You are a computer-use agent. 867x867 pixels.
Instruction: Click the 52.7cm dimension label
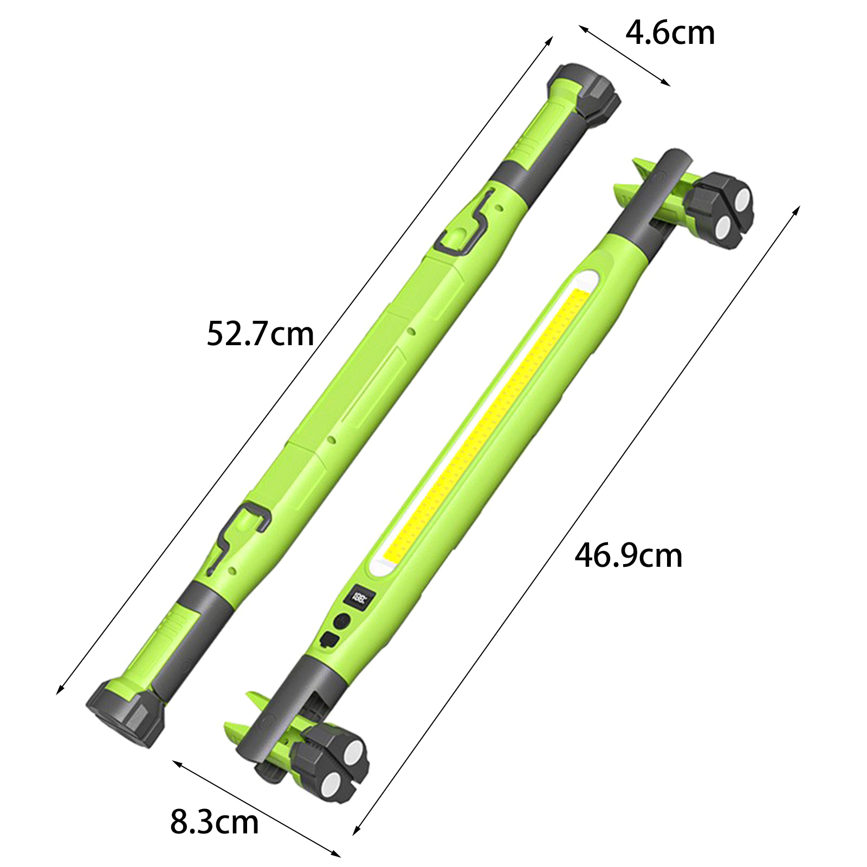[260, 334]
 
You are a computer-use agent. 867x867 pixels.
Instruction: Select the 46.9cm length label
[629, 555]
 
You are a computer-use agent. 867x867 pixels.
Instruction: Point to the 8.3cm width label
[215, 822]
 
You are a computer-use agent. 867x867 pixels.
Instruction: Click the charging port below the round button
[330, 639]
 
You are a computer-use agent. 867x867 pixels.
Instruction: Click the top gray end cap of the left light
[585, 92]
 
